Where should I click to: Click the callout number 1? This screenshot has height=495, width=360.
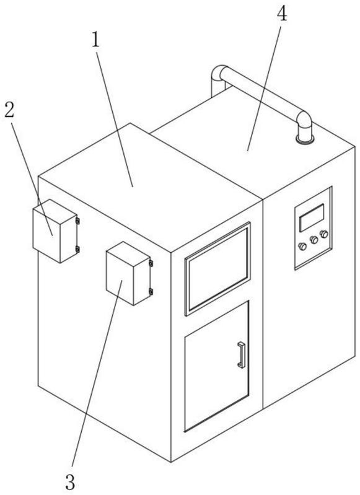(x=96, y=40)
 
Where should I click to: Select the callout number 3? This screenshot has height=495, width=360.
(x=71, y=482)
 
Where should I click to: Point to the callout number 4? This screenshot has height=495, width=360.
(x=282, y=14)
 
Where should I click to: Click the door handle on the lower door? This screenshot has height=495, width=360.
(x=242, y=355)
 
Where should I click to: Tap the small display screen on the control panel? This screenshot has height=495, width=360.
(x=312, y=218)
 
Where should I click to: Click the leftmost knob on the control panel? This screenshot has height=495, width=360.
(x=302, y=246)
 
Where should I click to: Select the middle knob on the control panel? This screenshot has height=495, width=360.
(x=314, y=240)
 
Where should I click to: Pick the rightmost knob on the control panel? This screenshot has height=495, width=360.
(x=324, y=234)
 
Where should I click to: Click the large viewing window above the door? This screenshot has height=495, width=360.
(x=217, y=269)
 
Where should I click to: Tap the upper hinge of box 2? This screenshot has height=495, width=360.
(x=77, y=221)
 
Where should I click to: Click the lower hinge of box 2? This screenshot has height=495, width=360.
(x=77, y=250)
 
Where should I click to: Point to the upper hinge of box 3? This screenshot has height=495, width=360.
(x=151, y=263)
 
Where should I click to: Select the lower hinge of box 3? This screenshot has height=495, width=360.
(x=151, y=291)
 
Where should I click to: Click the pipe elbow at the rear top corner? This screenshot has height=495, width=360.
(x=219, y=74)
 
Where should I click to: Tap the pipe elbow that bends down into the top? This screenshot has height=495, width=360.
(x=304, y=121)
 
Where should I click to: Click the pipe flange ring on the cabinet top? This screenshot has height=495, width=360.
(x=305, y=139)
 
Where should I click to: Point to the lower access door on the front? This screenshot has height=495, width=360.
(x=217, y=366)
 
